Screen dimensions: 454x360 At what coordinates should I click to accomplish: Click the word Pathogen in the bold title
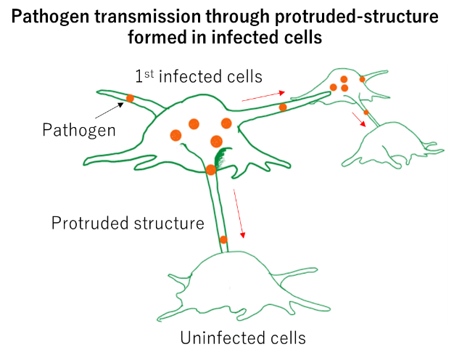tap(50, 17)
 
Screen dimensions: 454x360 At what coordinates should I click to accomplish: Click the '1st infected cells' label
tap(199, 76)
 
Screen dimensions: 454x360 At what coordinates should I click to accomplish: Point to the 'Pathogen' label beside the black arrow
tap(79, 130)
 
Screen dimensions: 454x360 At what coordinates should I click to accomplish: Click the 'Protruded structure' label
tap(128, 223)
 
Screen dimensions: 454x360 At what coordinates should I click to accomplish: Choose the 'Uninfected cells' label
tap(243, 337)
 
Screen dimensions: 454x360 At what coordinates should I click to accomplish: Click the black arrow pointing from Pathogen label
tap(110, 111)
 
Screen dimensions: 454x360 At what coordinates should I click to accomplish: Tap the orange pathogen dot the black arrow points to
tap(130, 98)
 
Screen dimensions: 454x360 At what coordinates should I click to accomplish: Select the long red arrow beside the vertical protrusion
tap(239, 214)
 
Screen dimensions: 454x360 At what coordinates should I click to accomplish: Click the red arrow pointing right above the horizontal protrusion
tap(263, 97)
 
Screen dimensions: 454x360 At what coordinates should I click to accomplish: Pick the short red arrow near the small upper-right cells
tap(359, 120)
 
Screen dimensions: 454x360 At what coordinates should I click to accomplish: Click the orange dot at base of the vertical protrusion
tap(211, 170)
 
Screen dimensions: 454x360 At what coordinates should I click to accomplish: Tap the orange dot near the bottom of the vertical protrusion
tap(223, 240)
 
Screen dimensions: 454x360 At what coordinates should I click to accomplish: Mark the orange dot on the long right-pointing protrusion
tap(283, 107)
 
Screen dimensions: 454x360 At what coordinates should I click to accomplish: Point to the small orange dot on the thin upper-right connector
tap(366, 112)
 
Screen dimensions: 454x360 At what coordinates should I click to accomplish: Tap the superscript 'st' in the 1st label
tap(149, 74)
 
